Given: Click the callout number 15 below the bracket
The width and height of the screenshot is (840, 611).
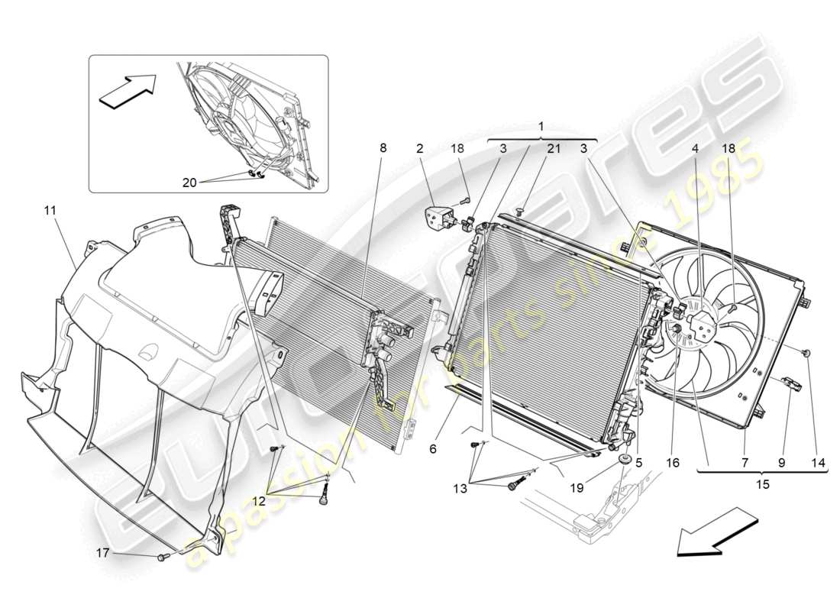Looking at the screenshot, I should coord(762,483).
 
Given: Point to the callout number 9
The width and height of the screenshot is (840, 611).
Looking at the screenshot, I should coord(780,462).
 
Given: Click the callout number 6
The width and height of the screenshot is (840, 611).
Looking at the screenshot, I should coord(432,450).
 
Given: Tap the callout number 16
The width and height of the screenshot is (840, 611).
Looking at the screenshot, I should coord(672,462).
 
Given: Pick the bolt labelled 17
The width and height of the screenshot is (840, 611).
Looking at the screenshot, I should coord(163,558).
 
